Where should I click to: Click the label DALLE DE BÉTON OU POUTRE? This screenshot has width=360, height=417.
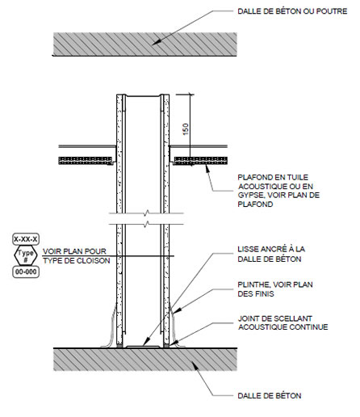coord(292,11)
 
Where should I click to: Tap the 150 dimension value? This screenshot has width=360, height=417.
coord(186,129)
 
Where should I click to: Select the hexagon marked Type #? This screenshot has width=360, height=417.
coord(26,255)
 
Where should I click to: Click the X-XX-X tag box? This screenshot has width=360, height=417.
coord(26,239)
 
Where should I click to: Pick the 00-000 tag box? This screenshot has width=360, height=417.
coord(26,272)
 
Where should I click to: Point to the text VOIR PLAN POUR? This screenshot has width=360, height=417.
coord(74,251)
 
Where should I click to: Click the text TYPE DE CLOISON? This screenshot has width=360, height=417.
coord(77,261)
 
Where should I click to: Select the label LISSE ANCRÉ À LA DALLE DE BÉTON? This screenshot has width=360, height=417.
coord(271,254)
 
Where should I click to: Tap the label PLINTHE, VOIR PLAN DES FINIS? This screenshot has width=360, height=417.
coord(275,289)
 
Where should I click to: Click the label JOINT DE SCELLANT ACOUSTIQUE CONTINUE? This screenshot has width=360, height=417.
coord(283,322)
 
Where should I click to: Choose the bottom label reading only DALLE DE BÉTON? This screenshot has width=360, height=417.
coord(270,396)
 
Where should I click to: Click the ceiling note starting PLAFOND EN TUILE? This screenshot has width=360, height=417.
coord(278,191)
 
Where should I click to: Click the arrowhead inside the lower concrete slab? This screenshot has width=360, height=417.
coord(195,365)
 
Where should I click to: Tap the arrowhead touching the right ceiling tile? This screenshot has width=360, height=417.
coord(207,169)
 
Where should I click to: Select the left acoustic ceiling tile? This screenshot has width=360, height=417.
coord(86,161)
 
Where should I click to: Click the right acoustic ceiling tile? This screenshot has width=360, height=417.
coord(201,161)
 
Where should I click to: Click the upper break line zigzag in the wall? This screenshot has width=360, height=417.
coord(146,213)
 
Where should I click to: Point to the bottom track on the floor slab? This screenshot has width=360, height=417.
coord(143,347)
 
